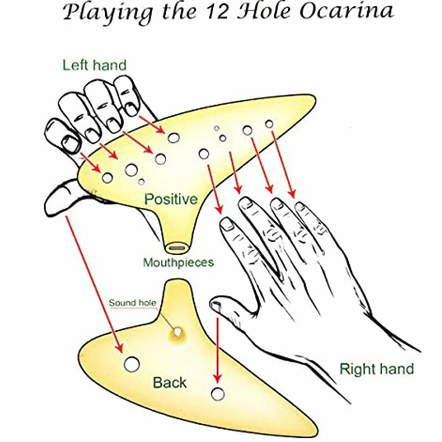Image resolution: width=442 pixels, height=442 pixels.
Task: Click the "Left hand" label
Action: pos(94,65)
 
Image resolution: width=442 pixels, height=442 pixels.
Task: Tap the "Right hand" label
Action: pos(377,369)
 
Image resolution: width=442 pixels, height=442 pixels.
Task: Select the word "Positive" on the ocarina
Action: pos(171,199)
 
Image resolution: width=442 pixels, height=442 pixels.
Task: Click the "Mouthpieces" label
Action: pos(178,262)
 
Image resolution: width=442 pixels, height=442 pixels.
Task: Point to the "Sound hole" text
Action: pos(132,303)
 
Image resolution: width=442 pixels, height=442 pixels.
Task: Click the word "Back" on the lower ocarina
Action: pos(169,383)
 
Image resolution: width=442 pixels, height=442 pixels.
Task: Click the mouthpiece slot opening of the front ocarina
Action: pos(177,248)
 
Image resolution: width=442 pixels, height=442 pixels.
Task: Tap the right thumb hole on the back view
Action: pos(218,394)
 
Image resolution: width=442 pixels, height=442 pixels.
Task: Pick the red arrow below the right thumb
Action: pos(217,350)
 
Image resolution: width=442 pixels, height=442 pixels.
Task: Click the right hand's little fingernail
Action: pos(300,207)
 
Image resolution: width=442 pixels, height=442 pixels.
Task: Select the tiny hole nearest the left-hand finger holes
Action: pos(142,182)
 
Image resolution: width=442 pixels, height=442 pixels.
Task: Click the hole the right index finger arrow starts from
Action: pos(204,154)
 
